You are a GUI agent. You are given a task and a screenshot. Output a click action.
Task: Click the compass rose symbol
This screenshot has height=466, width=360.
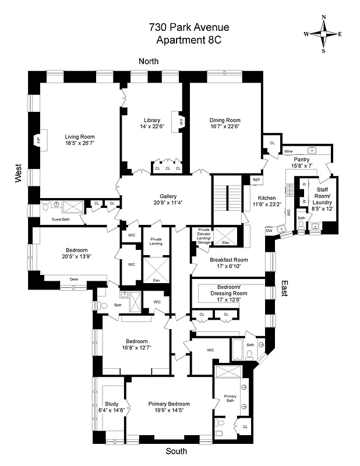tap(323, 34)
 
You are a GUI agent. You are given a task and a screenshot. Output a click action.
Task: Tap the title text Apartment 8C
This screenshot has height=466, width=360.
tap(180, 40)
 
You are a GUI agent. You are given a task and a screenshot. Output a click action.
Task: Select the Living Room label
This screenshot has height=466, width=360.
tap(79, 137)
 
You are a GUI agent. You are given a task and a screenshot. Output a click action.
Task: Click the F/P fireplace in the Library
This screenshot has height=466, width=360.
tap(181, 122)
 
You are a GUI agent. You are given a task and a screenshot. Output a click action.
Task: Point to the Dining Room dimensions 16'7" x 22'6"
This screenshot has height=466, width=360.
tap(225, 126)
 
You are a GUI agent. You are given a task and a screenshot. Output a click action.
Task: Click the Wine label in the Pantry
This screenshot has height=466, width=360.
tap(288, 151)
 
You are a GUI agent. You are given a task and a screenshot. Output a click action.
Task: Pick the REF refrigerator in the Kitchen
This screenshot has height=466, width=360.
tap(257, 180)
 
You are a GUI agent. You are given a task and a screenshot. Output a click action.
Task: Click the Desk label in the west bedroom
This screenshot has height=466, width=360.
tap(73, 279)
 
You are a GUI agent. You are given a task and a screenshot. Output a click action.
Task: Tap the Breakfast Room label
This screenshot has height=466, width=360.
tap(225, 260)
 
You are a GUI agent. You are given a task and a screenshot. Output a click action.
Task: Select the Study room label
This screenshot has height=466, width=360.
tap(111, 404)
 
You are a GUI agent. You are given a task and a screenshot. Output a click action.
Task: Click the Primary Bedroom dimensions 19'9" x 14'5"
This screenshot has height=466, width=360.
tap(169, 410)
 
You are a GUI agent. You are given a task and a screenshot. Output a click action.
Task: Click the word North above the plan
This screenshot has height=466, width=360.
tap(148, 61)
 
